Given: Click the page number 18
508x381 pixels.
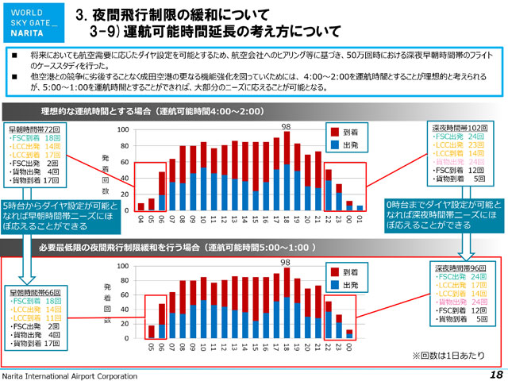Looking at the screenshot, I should tap(496, 374).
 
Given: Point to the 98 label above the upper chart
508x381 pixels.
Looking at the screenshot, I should tap(287, 125).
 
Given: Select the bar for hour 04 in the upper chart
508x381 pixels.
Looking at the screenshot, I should tap(140, 208).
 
